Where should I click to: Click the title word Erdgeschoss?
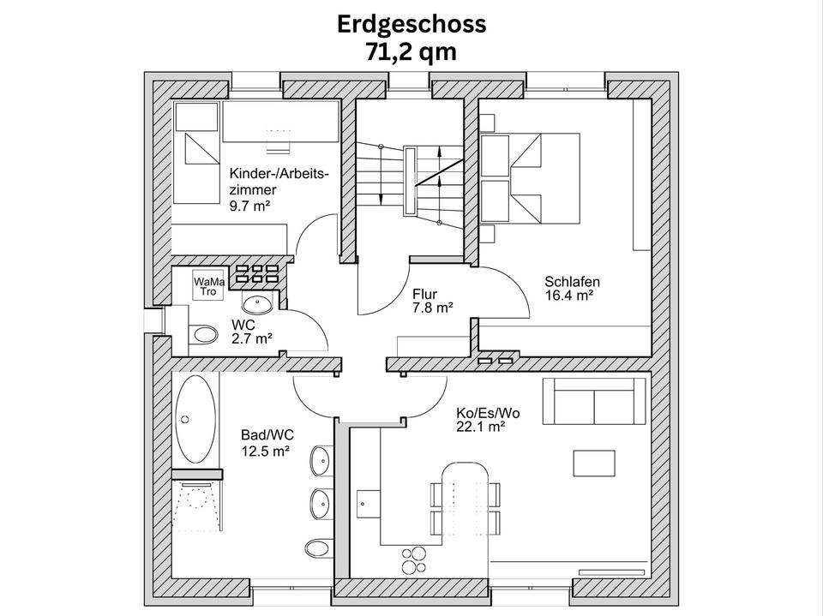[x=411, y=24]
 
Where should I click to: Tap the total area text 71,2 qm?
[x=411, y=51]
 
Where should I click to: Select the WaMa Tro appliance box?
[x=208, y=286]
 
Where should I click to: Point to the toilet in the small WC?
[x=201, y=334]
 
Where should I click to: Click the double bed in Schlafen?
[x=512, y=178]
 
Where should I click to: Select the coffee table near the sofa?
[x=594, y=463]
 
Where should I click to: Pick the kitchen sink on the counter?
[x=369, y=505]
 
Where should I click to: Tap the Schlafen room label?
[x=572, y=281]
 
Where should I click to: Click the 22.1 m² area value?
[x=481, y=427]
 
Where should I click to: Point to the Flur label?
[x=424, y=294]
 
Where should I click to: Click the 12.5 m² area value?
[x=265, y=452]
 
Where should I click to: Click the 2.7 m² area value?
[x=252, y=339]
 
